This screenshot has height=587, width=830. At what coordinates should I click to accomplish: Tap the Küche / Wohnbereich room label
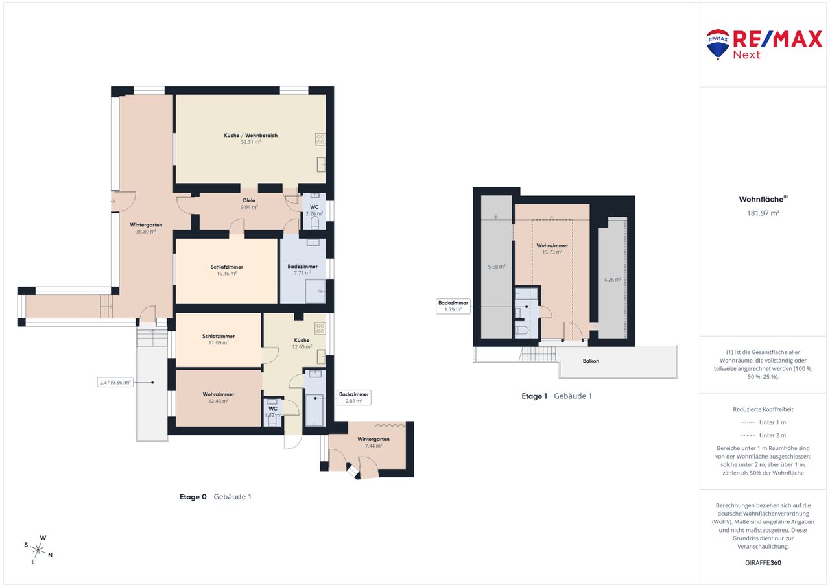[x=250, y=136]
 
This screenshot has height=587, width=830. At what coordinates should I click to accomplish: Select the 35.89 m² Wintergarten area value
[x=146, y=232]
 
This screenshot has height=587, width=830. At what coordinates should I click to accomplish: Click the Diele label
[x=249, y=200]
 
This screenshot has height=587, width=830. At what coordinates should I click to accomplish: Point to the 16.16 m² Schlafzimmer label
[x=226, y=270]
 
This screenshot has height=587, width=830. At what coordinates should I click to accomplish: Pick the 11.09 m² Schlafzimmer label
[x=219, y=339]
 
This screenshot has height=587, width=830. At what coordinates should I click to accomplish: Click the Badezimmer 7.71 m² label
[x=302, y=269]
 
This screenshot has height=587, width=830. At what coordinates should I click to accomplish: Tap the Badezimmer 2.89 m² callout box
[x=354, y=398]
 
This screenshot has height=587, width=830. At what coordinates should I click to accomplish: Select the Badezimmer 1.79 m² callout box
[x=453, y=306]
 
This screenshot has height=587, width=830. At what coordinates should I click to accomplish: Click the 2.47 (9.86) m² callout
[x=115, y=382]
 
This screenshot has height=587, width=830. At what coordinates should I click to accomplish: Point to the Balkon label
[x=591, y=361]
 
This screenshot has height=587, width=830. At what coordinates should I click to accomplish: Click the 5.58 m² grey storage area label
[x=497, y=267]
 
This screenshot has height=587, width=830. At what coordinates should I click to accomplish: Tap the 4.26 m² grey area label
[x=613, y=280]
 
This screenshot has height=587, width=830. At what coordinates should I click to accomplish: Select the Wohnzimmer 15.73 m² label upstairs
[x=552, y=248]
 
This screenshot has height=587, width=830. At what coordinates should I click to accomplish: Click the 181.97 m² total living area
[x=763, y=213]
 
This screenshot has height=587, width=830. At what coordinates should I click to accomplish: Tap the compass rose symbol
[x=38, y=550]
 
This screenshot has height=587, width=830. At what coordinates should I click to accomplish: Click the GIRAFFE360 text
[x=763, y=562]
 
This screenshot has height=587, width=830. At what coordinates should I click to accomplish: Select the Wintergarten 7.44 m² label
[x=373, y=442]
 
